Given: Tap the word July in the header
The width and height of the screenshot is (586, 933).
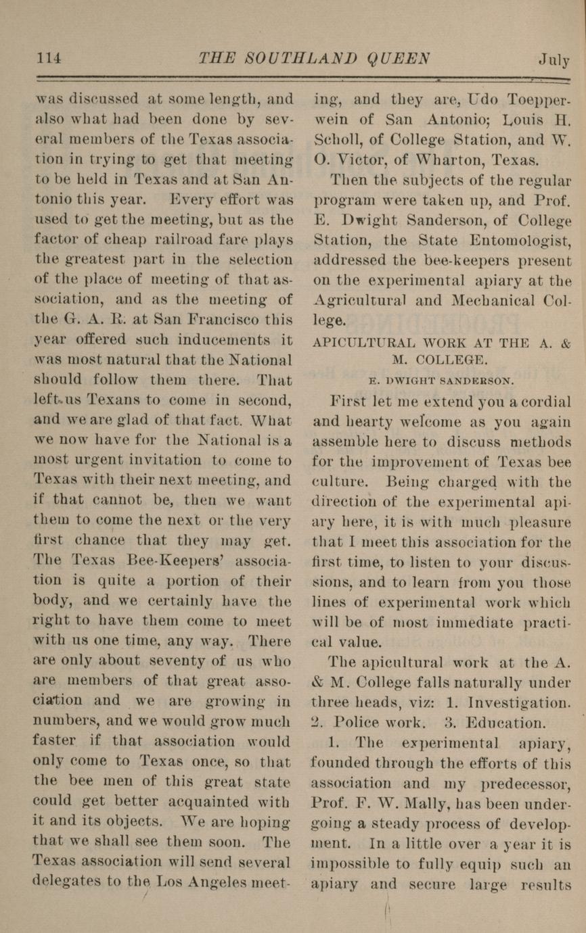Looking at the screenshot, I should click(x=554, y=59).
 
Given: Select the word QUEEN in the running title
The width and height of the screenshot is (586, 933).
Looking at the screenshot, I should click(x=397, y=59).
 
